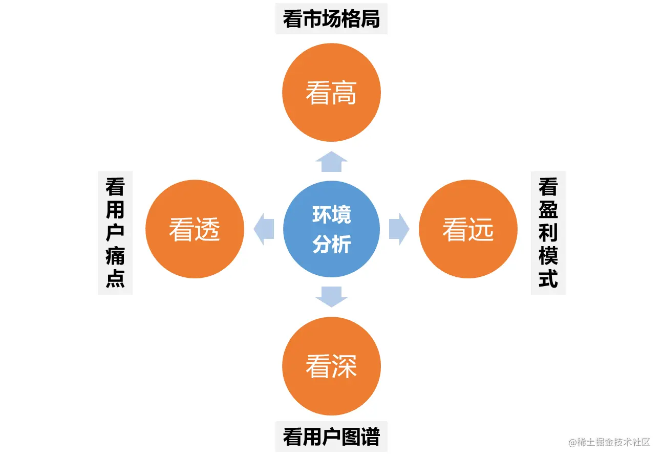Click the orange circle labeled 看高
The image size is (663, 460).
[331, 92]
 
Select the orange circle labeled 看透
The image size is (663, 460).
[195, 229]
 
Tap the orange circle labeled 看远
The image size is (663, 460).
[468, 229]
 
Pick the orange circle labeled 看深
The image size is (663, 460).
[331, 366]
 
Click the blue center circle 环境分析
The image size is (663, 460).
[331, 229]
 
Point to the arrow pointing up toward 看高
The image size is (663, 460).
[331, 162]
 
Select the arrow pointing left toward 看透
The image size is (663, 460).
[264, 229]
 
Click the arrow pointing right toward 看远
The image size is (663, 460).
[399, 229]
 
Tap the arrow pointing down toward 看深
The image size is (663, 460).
[331, 297]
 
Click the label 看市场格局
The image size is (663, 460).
[331, 19]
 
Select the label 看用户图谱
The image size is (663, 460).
[331, 437]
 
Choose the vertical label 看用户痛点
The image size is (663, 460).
[115, 233]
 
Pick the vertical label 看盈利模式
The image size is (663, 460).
[548, 233]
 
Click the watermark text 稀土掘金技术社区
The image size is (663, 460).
[612, 442]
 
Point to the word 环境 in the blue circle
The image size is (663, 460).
[331, 215]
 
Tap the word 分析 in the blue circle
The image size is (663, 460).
[331, 244]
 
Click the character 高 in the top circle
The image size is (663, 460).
[344, 93]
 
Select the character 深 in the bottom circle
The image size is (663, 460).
[344, 367]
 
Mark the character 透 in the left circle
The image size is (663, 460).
[207, 230]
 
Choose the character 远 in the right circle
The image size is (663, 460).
[481, 230]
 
